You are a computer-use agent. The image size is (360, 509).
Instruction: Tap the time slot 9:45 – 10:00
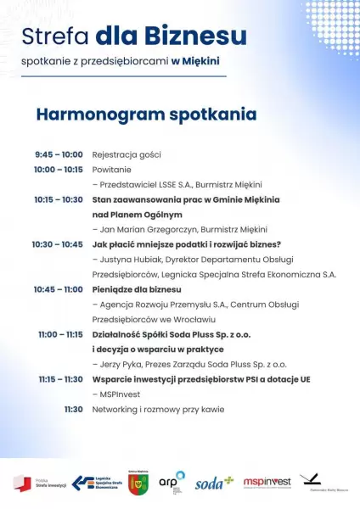pyautogui.click(x=59, y=154)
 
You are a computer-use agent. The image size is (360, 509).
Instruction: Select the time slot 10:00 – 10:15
pyautogui.click(x=59, y=170)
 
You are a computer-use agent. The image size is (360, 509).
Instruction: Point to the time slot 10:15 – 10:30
pyautogui.click(x=59, y=199)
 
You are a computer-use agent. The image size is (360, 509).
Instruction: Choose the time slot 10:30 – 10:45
pyautogui.click(x=58, y=244)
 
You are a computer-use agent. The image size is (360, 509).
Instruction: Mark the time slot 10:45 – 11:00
pyautogui.click(x=59, y=289)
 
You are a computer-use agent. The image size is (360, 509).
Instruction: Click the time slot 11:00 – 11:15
pyautogui.click(x=60, y=334)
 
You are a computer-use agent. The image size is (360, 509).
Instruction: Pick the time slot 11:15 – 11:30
pyautogui.click(x=60, y=379)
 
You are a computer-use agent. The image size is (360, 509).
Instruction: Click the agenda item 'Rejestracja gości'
pyautogui.click(x=127, y=154)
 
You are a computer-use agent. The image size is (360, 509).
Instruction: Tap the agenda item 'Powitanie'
pyautogui.click(x=111, y=170)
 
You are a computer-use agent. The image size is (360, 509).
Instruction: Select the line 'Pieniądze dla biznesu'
pyautogui.click(x=137, y=289)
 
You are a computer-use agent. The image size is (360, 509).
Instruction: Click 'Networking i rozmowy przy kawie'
pyautogui.click(x=158, y=409)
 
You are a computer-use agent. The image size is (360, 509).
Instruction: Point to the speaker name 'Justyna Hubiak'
pyautogui.click(x=131, y=260)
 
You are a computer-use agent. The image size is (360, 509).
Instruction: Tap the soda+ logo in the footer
pyautogui.click(x=213, y=484)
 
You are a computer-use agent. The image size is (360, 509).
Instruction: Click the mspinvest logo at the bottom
pyautogui.click(x=268, y=483)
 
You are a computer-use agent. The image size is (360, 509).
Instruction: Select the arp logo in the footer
pyautogui.click(x=172, y=481)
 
